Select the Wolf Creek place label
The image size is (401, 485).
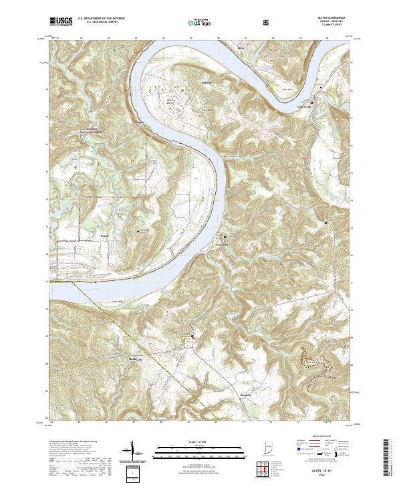[305, 107]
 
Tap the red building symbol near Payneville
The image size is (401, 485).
[194, 337]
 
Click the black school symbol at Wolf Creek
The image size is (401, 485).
[310, 102]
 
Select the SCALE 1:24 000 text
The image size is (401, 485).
[200, 440]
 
